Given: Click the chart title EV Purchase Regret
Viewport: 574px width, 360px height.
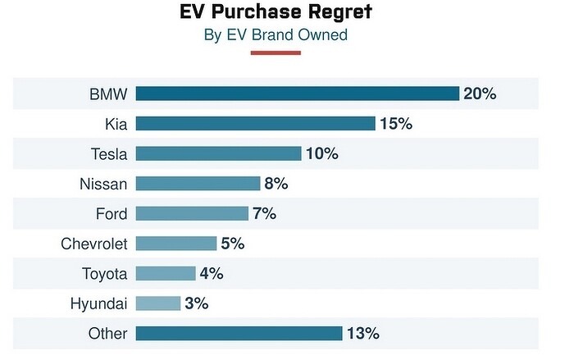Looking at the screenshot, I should click(275, 13).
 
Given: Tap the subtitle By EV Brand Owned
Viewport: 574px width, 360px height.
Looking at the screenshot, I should click(275, 34).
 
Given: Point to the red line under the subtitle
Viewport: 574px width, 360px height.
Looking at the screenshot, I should click(276, 52).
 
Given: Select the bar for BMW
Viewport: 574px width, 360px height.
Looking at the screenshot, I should click(297, 93).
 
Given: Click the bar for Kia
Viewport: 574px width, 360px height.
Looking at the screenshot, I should click(255, 124).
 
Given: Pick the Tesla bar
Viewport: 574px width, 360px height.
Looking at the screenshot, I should click(218, 153).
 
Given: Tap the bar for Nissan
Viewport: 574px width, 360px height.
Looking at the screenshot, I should click(198, 184).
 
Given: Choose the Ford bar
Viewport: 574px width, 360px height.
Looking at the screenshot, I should click(192, 213).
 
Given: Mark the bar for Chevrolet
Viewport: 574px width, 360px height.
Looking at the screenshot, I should click(176, 244).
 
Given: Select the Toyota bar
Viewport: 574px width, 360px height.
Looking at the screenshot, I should click(166, 273).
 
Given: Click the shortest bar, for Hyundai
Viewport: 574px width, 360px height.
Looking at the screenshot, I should click(158, 303).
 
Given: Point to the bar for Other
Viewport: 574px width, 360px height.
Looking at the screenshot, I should click(239, 333).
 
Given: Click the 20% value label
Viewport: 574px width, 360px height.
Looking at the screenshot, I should click(480, 93).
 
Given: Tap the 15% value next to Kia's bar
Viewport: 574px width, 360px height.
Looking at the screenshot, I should click(395, 124).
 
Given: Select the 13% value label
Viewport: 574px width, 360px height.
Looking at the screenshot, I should click(362, 333).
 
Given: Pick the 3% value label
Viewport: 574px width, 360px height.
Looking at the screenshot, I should click(197, 303).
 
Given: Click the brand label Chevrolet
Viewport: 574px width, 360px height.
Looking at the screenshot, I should click(94, 244).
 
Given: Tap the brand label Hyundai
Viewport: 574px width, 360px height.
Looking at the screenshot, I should click(98, 303).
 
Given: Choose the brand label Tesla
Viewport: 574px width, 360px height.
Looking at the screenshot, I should click(109, 153).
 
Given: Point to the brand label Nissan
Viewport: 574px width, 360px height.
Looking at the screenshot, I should click(104, 184).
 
